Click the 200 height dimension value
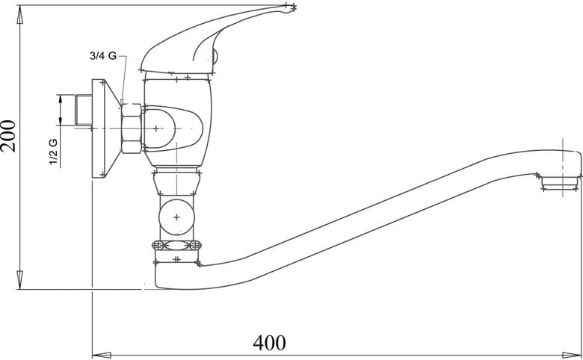click(8, 136)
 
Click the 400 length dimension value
click(270, 343)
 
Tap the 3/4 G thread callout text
click(103, 56)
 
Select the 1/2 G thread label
click(54, 152)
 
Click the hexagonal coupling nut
click(132, 128)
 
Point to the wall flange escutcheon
click(106, 128)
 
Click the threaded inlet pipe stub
click(84, 110)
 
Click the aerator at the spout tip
click(561, 183)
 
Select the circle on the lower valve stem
click(176, 217)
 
